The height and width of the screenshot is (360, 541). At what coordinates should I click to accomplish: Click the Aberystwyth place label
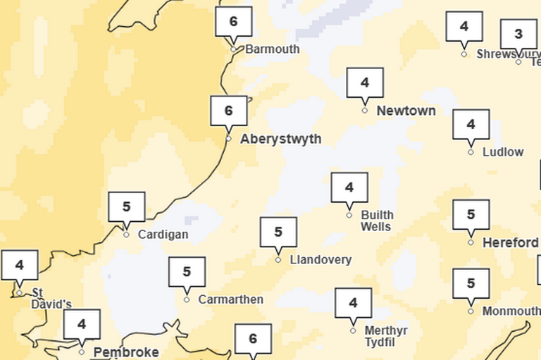click(280, 139)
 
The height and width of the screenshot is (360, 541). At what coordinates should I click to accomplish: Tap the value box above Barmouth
click(233, 22)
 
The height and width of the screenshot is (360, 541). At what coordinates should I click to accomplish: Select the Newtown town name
click(406, 111)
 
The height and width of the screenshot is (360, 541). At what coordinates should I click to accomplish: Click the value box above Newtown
click(365, 83)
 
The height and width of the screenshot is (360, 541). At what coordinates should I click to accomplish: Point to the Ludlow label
click(503, 152)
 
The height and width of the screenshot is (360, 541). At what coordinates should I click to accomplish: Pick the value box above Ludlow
click(471, 125)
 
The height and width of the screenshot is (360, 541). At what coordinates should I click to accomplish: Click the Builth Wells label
click(377, 221)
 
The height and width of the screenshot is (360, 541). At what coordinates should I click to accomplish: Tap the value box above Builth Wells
click(349, 187)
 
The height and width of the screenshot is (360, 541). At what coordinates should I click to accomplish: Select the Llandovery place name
click(321, 260)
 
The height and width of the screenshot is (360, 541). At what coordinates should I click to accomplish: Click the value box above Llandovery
click(278, 232)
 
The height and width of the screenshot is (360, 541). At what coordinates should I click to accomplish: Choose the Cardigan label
click(163, 235)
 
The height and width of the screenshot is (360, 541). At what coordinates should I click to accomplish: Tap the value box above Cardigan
click(127, 207)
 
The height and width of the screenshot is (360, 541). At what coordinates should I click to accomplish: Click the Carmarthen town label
click(230, 299)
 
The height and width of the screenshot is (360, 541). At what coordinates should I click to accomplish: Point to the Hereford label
click(510, 243)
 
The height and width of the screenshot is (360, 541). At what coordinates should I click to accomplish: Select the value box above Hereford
click(471, 215)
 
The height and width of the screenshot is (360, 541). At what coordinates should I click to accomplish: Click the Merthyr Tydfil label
click(387, 335)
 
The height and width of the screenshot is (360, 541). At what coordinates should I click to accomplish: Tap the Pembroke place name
click(126, 352)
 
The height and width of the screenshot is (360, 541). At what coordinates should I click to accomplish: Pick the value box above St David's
click(20, 266)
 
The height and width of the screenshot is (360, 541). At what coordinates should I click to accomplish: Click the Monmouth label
click(511, 311)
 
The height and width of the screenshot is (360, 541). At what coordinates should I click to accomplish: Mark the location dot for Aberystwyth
click(228, 138)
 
